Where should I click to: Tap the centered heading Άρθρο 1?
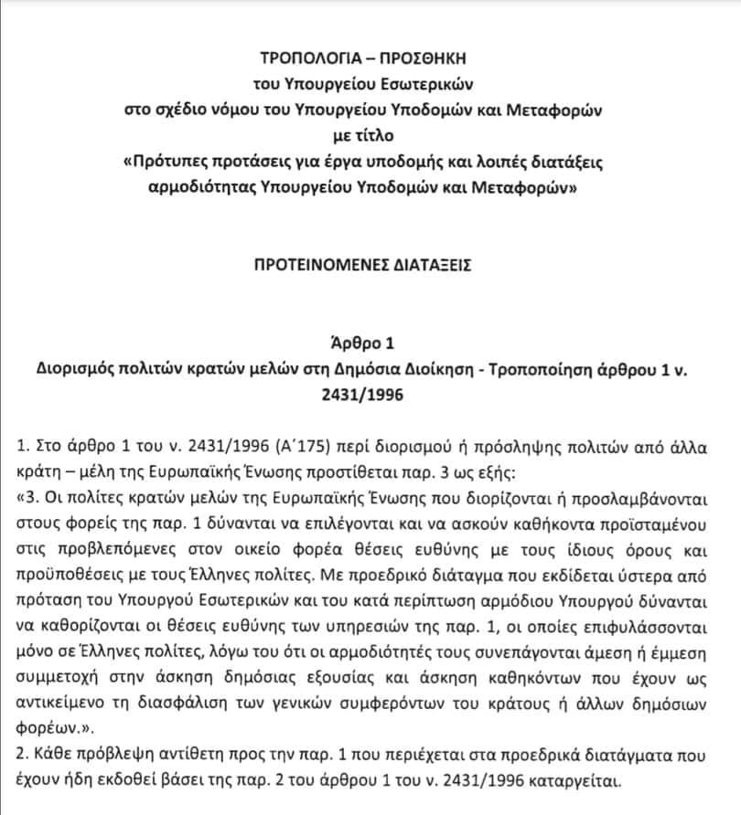370,345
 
